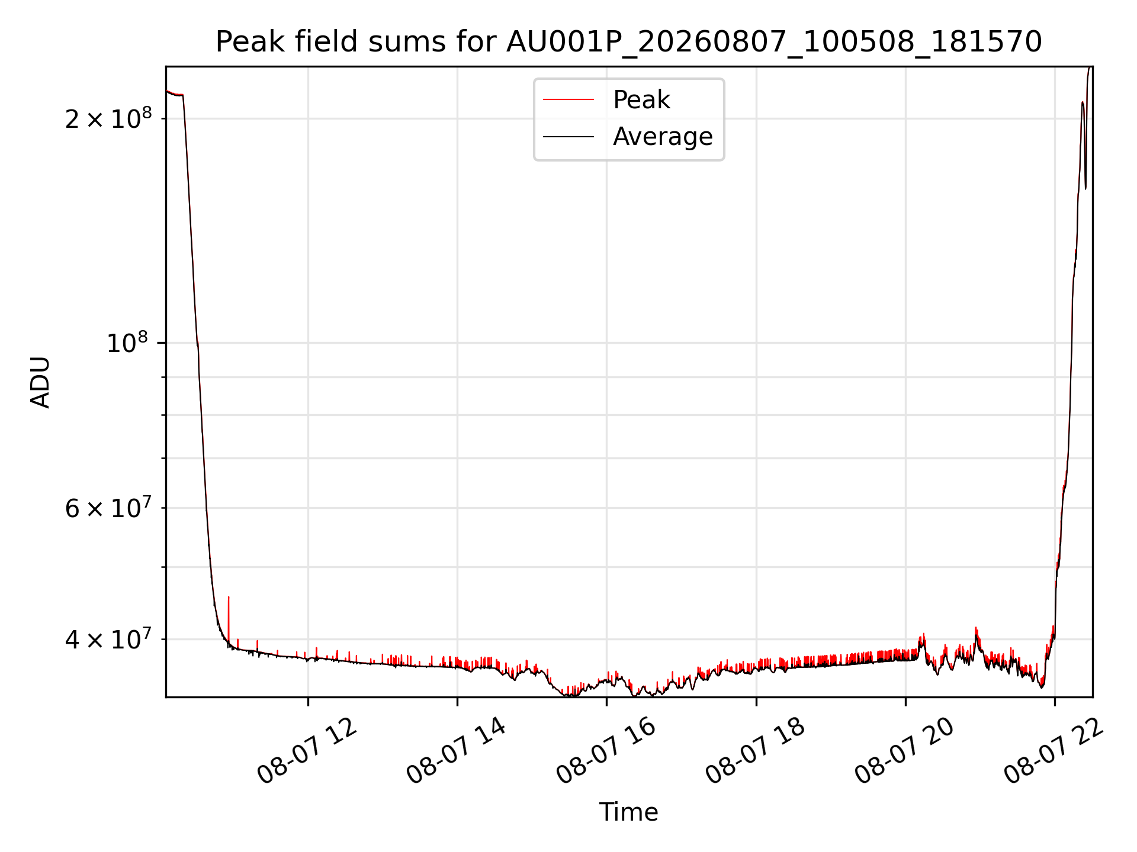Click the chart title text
628,42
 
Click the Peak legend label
641,100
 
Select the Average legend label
663,137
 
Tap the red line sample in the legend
568,100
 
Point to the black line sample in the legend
568,137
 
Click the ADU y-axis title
41,382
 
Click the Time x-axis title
628,812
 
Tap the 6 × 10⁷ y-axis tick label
108,507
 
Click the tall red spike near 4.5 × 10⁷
229,598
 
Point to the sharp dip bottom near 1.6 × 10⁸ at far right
1085,189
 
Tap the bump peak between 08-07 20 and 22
976,628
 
